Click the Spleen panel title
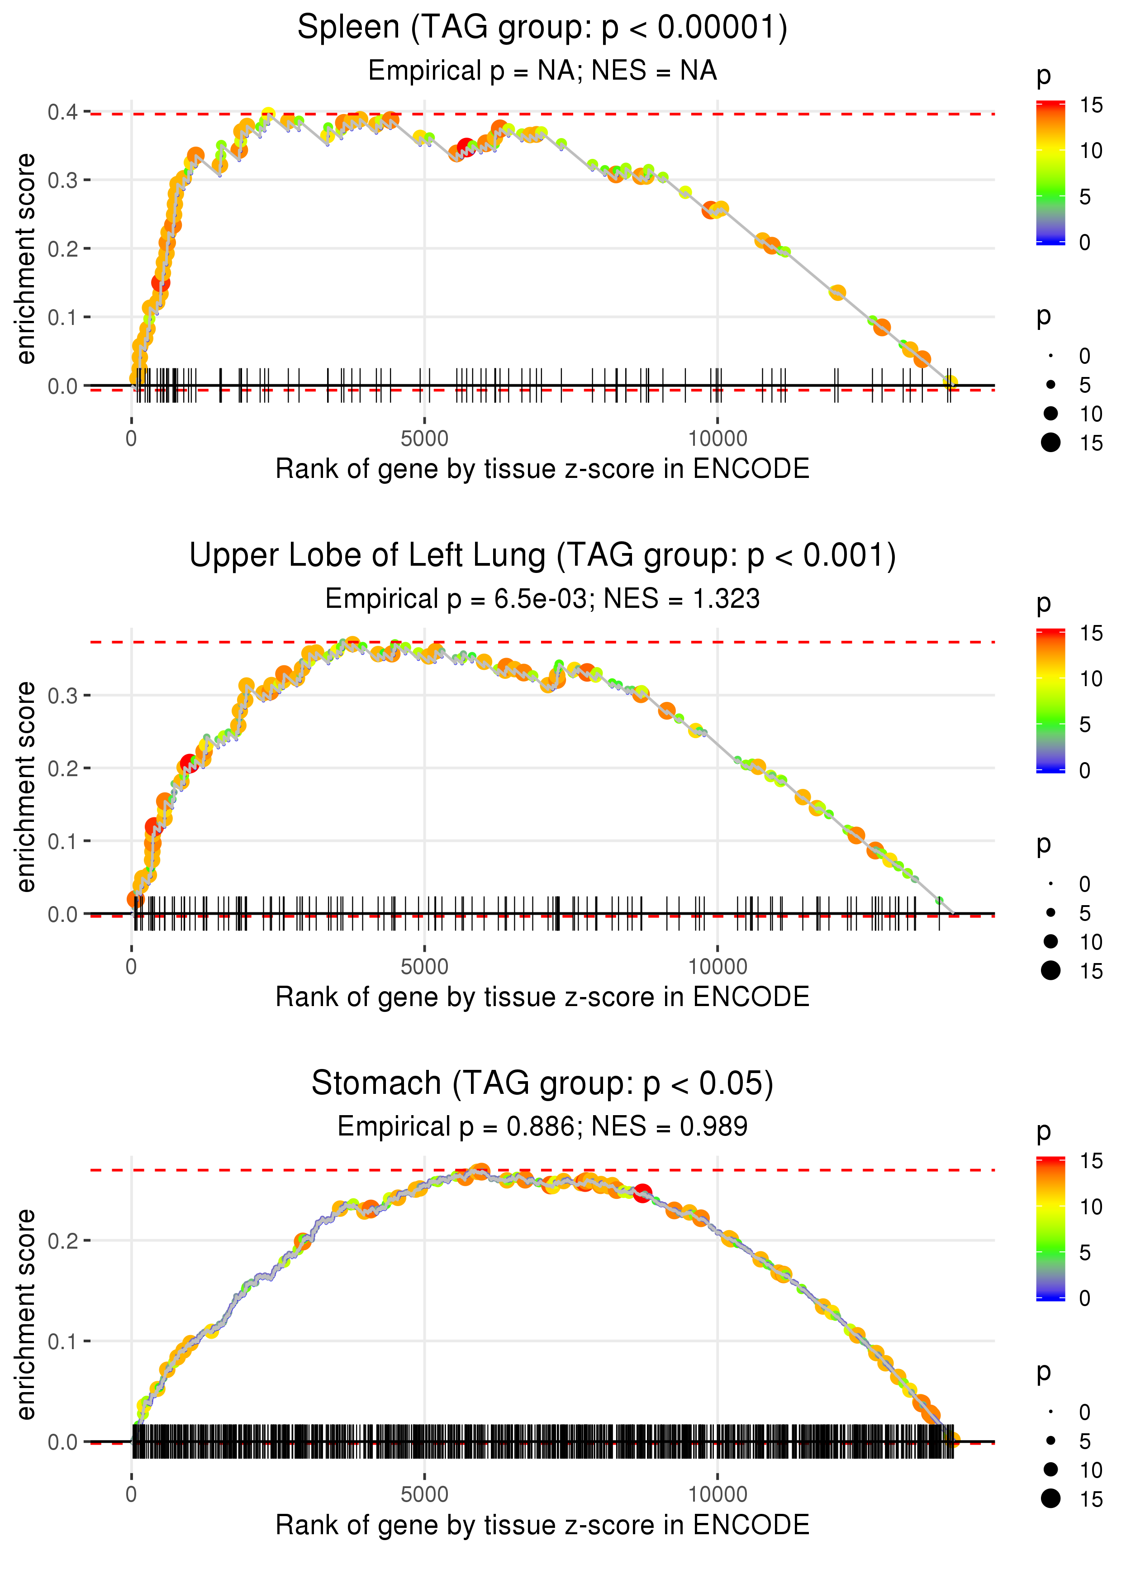(x=542, y=28)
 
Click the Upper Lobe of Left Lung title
(x=542, y=556)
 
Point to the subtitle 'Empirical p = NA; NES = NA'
(x=542, y=71)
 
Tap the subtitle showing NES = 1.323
(x=542, y=599)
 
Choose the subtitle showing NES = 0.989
(x=542, y=1126)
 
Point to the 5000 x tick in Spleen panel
(x=424, y=439)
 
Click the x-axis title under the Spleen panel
(x=542, y=469)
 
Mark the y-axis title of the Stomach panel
(x=26, y=1314)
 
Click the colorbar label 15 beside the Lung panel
(x=1091, y=633)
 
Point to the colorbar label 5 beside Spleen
(x=1084, y=197)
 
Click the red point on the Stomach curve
(x=642, y=1193)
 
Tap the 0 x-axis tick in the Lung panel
(x=132, y=967)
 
